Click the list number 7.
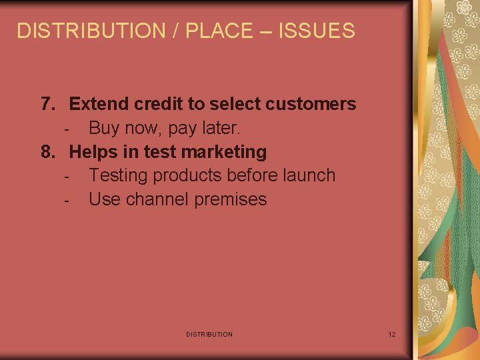tap(47, 104)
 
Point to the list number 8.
tap(47, 152)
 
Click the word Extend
tap(99, 104)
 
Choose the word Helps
tap(93, 152)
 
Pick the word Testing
tap(118, 176)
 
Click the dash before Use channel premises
tap(67, 200)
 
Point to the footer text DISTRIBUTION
tap(209, 334)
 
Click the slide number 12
tap(392, 334)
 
